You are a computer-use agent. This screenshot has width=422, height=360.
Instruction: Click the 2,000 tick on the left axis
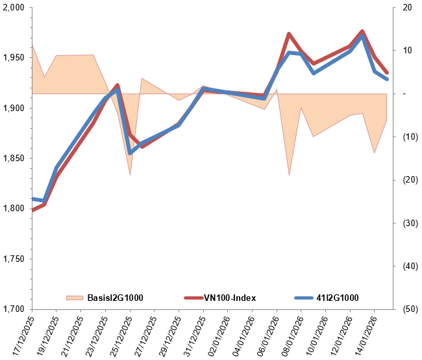coord(14,8)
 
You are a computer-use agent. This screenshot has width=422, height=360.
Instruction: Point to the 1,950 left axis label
coord(14,58)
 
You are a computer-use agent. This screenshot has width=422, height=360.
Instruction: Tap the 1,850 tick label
coord(14,159)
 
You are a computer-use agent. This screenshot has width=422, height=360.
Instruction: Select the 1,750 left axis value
coord(14,259)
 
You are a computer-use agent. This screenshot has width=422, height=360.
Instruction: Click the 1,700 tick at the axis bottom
coord(14,309)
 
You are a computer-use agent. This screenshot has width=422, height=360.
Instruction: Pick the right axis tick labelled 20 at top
coord(407,8)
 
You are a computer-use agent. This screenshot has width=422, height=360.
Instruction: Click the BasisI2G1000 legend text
coord(115,298)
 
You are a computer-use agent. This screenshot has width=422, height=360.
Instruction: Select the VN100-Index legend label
coord(230,298)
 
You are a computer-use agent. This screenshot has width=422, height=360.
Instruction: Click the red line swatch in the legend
coord(194,298)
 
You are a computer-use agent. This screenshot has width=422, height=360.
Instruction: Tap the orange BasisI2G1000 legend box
coord(75,298)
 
